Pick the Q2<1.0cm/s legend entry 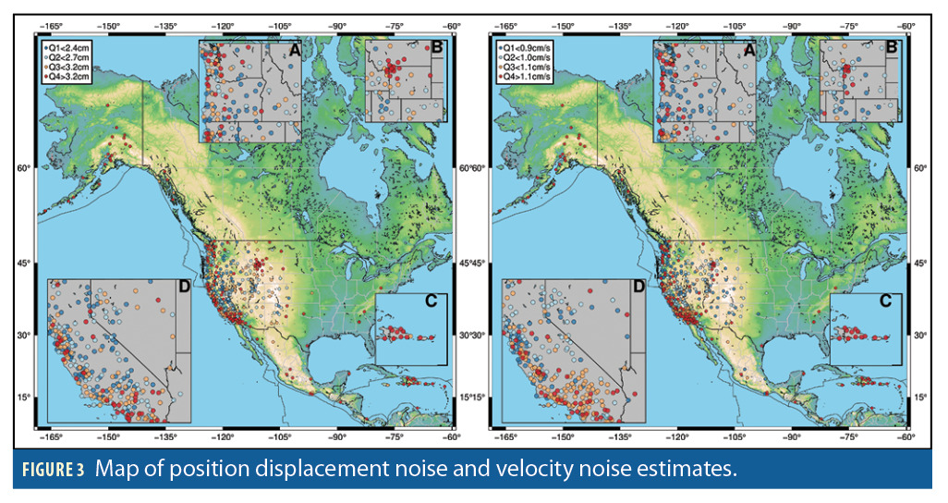pyautogui.click(x=524, y=56)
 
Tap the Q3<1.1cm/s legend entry pyautogui.click(x=524, y=67)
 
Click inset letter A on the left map pyautogui.click(x=295, y=52)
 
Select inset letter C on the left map pyautogui.click(x=434, y=301)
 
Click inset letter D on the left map pyautogui.click(x=183, y=288)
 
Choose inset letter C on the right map pyautogui.click(x=885, y=301)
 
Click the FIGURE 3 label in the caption pyautogui.click(x=52, y=470)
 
